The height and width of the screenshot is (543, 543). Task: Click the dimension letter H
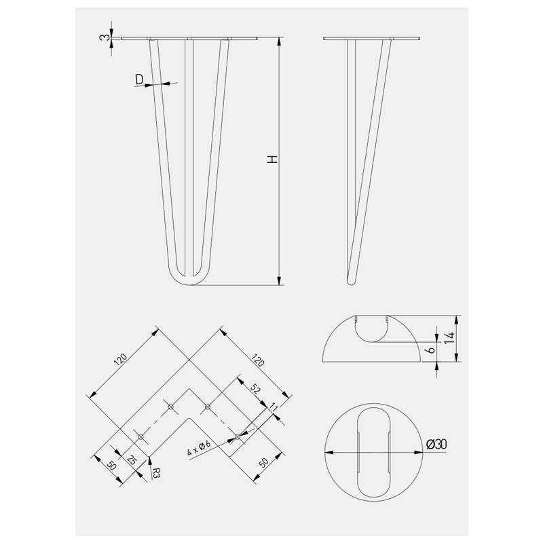(x=274, y=160)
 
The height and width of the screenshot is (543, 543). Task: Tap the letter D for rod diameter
(x=139, y=79)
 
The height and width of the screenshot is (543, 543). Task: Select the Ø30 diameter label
(x=436, y=444)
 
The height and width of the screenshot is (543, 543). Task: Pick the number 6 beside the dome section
(x=431, y=350)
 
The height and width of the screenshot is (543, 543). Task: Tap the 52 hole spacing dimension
(x=255, y=389)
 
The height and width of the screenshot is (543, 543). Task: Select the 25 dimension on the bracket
(x=132, y=460)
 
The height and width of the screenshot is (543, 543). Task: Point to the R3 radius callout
(x=156, y=472)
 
